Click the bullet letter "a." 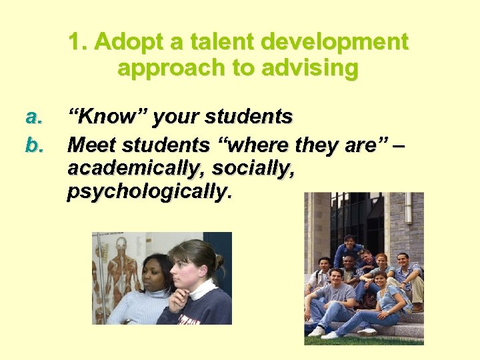point(34,117)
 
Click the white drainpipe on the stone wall point(407,220)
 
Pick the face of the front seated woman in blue point(381,279)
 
